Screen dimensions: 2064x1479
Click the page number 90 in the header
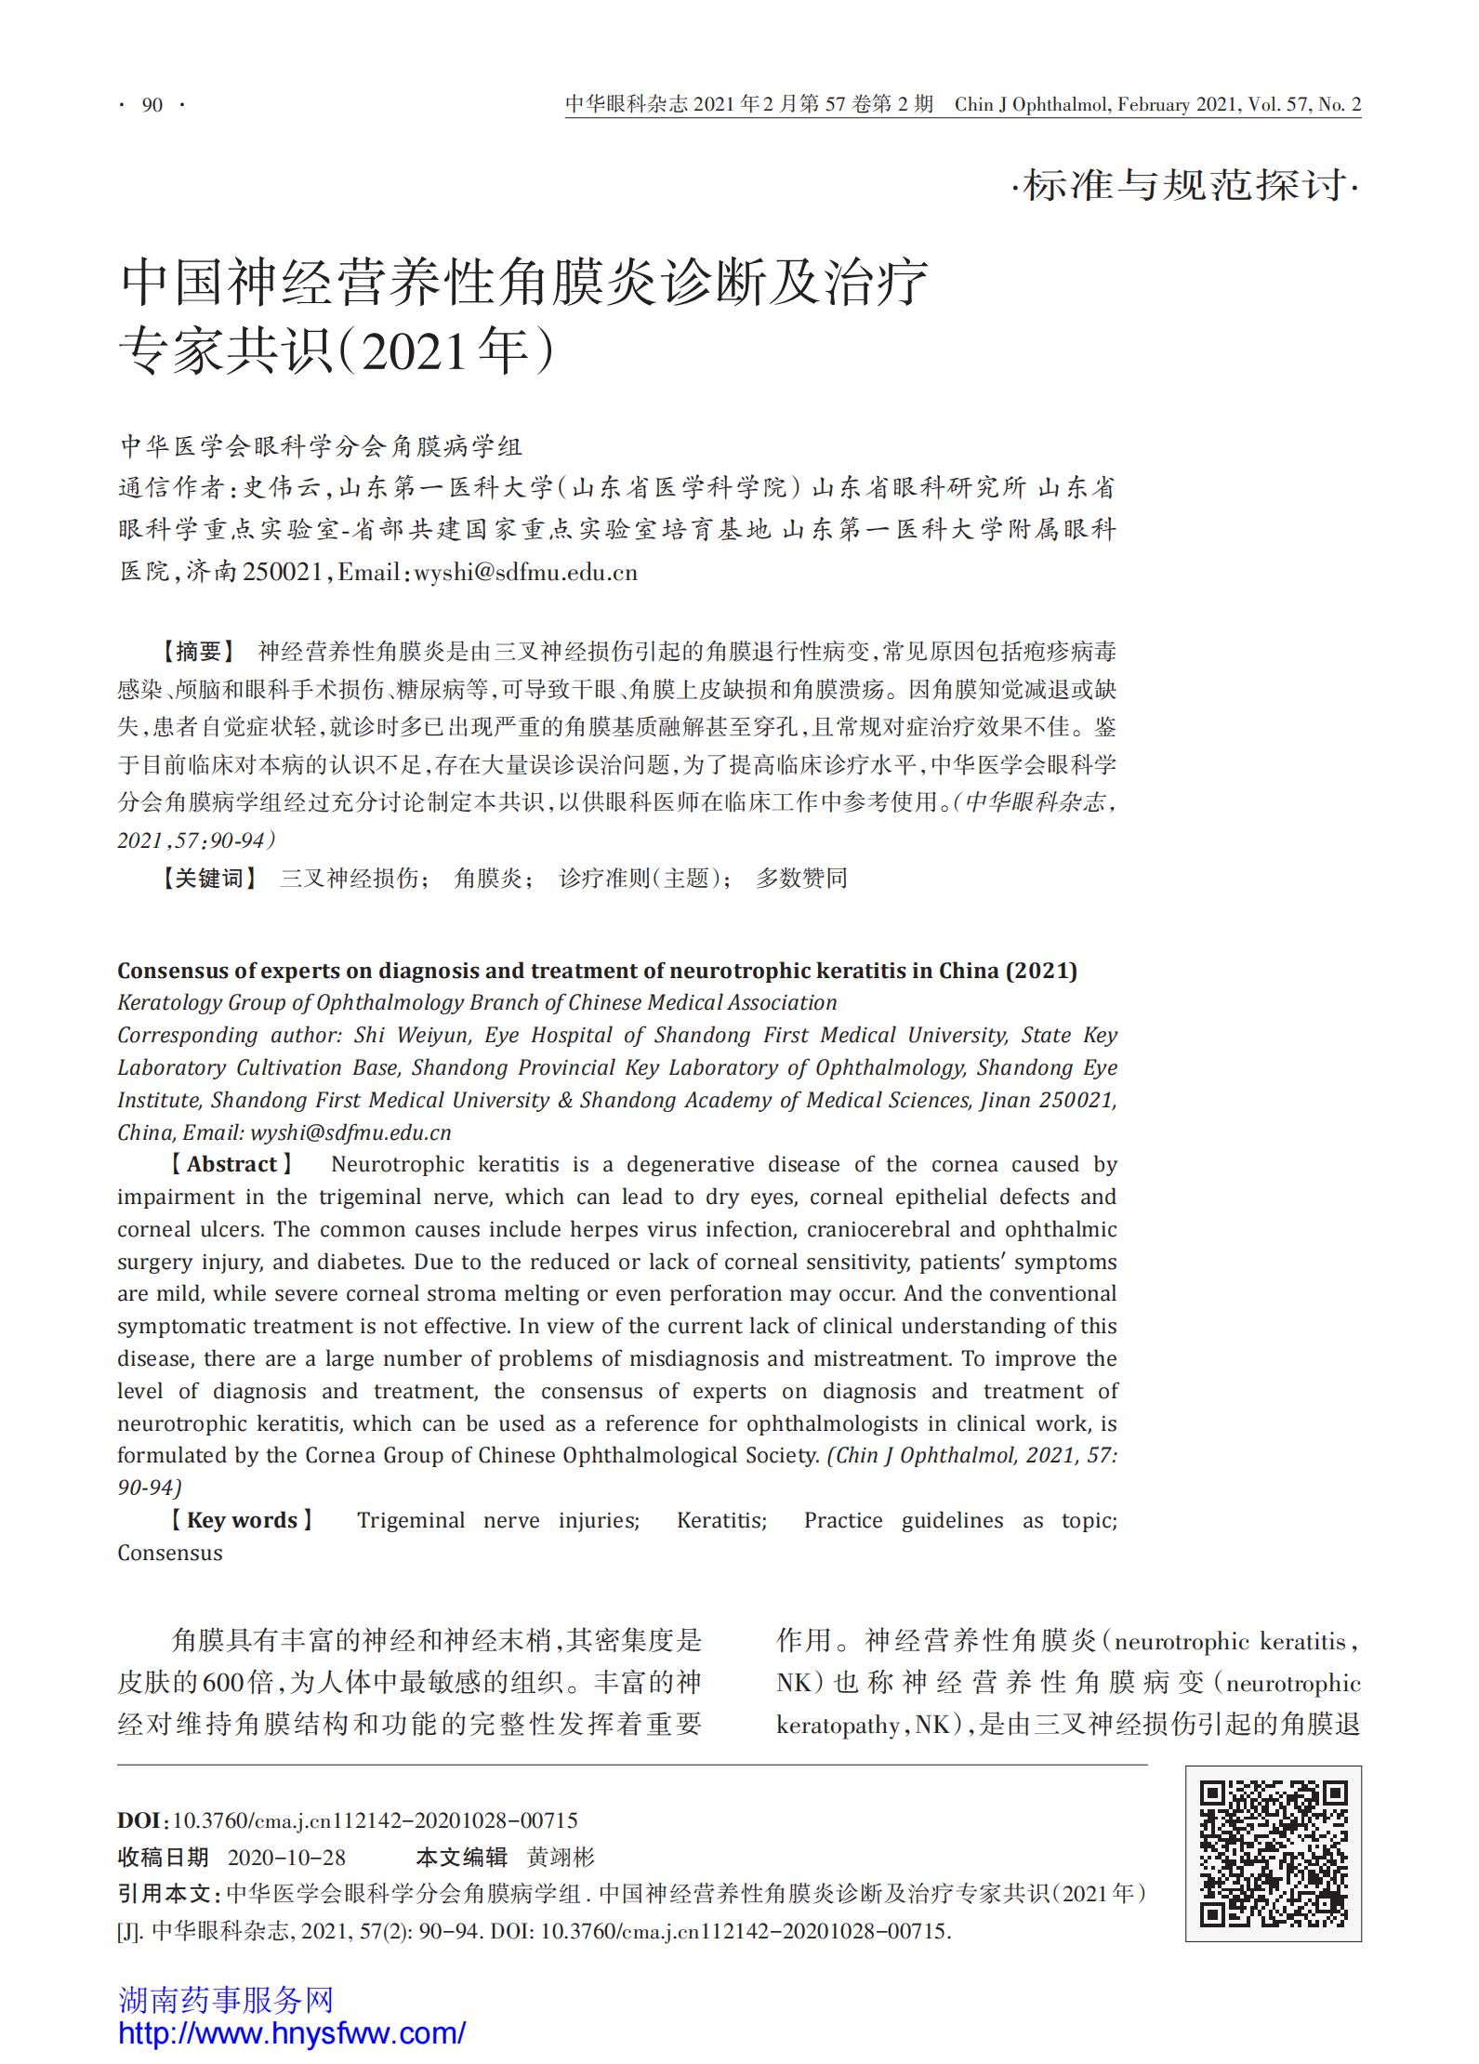[152, 105]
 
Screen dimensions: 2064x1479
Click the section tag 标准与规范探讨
[1184, 185]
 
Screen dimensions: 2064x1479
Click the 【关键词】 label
[209, 879]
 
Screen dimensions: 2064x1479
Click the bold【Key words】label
[242, 1520]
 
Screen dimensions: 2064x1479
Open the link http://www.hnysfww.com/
[292, 2032]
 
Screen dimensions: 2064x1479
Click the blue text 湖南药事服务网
[226, 1999]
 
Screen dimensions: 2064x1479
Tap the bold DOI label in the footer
[139, 1820]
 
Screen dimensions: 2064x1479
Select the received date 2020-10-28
[286, 1858]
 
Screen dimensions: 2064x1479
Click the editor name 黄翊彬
[561, 1858]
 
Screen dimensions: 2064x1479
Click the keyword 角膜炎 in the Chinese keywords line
[489, 879]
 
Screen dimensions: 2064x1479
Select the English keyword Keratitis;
[721, 1520]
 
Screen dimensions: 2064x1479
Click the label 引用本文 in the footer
[165, 1894]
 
